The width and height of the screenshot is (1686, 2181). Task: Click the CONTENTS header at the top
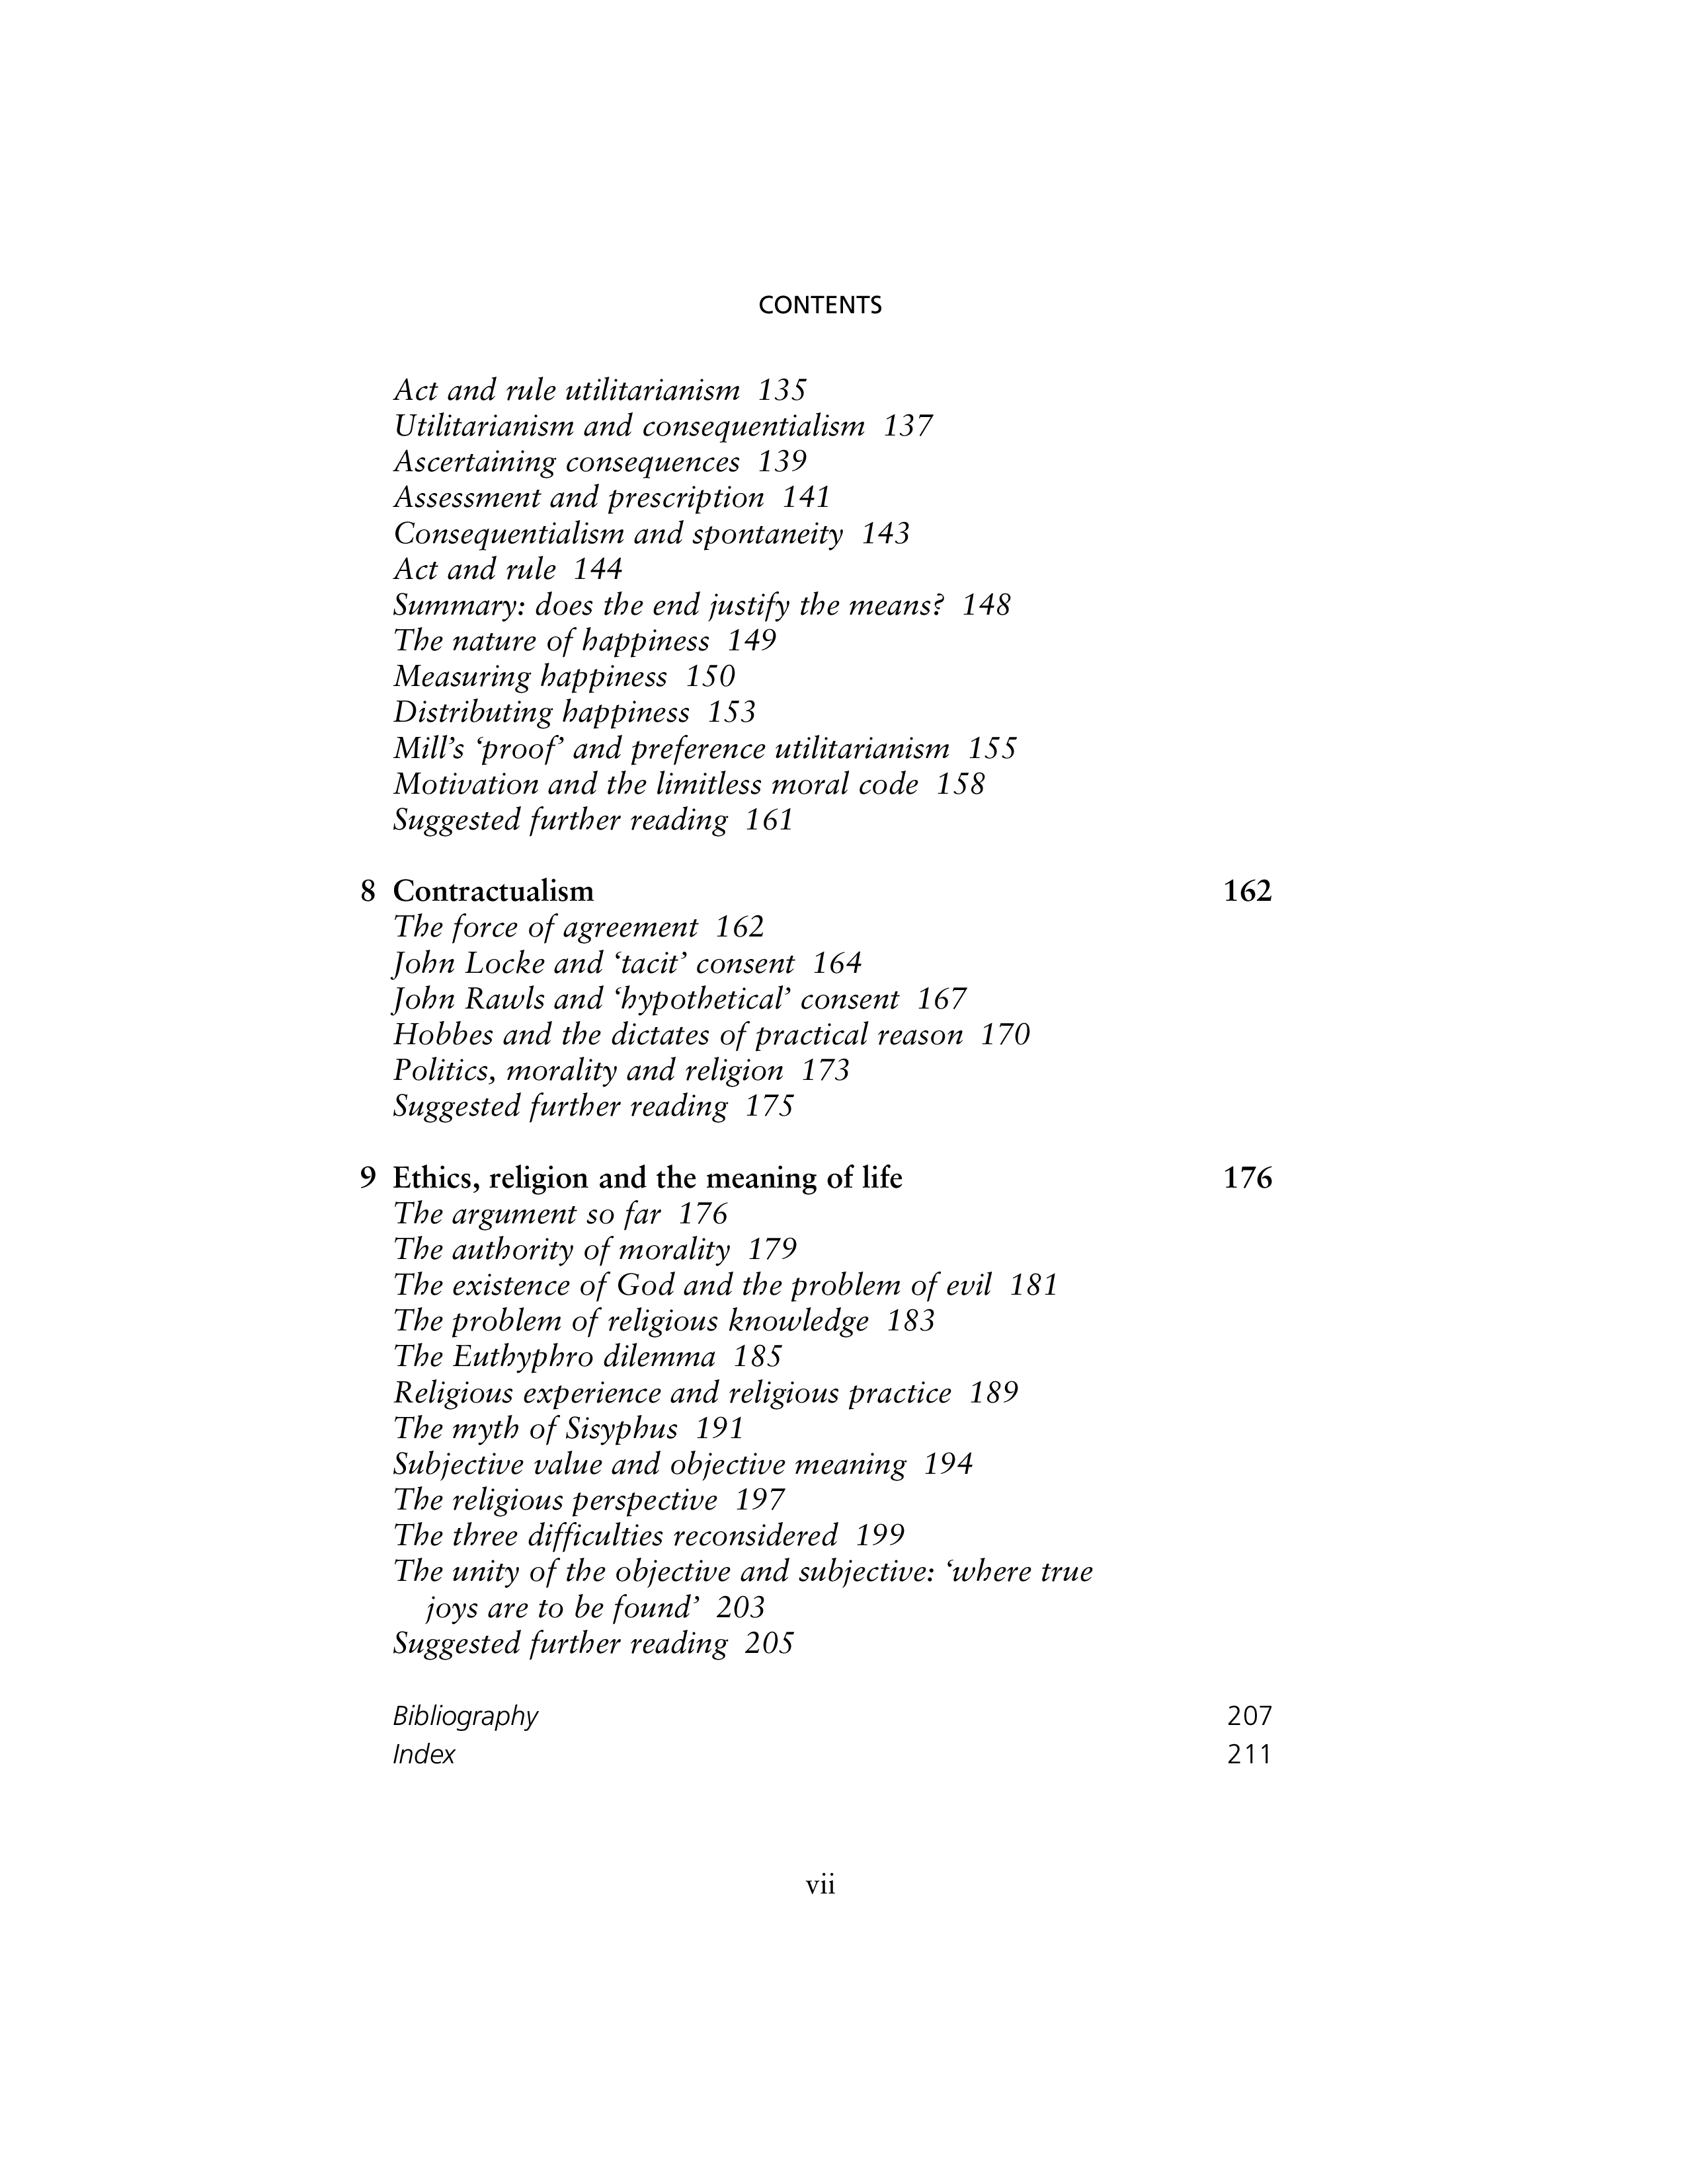tap(820, 305)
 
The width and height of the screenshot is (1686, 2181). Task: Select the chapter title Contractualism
tap(493, 891)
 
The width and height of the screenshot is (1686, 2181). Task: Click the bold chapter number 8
tap(368, 891)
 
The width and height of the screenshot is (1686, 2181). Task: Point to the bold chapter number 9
tap(368, 1178)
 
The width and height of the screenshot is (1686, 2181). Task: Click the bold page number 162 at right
tap(1248, 891)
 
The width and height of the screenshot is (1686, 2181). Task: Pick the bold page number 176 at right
tap(1248, 1178)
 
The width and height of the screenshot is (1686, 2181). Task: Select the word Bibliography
tap(465, 1716)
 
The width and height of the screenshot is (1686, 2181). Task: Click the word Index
tap(424, 1755)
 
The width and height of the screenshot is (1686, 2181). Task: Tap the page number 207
tap(1250, 1716)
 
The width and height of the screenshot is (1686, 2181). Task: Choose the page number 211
tap(1250, 1755)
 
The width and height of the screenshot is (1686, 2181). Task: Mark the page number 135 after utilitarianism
tap(782, 389)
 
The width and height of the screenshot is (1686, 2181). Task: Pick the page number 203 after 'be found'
tap(740, 1608)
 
